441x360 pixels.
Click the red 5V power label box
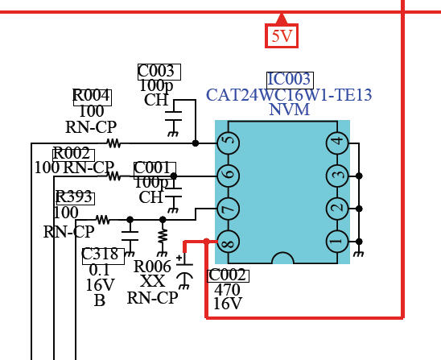point(282,35)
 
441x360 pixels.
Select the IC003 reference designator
point(290,81)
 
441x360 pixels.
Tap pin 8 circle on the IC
point(228,242)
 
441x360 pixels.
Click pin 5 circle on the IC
point(228,143)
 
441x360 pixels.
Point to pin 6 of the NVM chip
point(228,176)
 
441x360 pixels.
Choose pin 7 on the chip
point(228,209)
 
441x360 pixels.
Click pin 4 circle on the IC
point(337,143)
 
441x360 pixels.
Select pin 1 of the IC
point(337,242)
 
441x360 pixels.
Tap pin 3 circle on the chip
point(337,176)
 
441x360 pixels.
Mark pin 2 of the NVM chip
point(337,209)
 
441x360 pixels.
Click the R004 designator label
point(93,97)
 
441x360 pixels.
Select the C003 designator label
point(159,72)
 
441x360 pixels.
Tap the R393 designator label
point(75,199)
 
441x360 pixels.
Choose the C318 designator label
point(103,256)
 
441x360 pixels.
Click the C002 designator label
point(228,275)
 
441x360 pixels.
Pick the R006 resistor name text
point(152,267)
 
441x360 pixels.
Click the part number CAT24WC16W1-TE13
point(289,95)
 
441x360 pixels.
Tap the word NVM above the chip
point(290,110)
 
